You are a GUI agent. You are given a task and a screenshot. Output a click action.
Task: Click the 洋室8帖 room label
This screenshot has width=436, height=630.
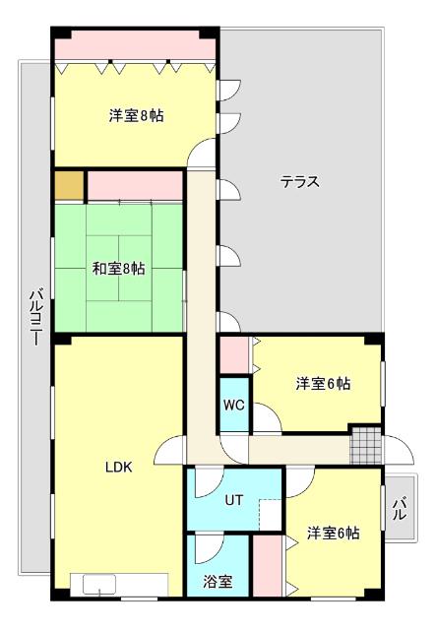pyautogui.click(x=136, y=116)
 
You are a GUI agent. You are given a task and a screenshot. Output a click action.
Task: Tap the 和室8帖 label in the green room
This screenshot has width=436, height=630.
pyautogui.click(x=119, y=268)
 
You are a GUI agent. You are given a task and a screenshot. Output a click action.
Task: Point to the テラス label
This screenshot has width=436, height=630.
pyautogui.click(x=300, y=181)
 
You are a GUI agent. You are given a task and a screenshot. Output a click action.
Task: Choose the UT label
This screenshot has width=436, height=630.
pyautogui.click(x=233, y=500)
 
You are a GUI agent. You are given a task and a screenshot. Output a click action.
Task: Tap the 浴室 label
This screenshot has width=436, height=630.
pyautogui.click(x=218, y=581)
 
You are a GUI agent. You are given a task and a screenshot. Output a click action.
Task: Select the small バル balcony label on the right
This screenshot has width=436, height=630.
pyautogui.click(x=400, y=510)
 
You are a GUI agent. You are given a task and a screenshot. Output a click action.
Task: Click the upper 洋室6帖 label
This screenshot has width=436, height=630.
pyautogui.click(x=323, y=384)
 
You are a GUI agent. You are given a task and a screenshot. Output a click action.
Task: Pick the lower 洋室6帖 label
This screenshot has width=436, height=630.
pyautogui.click(x=332, y=534)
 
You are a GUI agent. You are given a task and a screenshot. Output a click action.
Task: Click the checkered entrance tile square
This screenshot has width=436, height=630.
pyautogui.click(x=364, y=445)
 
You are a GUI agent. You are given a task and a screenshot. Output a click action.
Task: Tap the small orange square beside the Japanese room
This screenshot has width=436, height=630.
pyautogui.click(x=69, y=186)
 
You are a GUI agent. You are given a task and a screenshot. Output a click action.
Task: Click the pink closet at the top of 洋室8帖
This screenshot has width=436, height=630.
pyautogui.click(x=135, y=47)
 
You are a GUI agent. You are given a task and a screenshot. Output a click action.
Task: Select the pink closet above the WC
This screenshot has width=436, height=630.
pyautogui.click(x=233, y=355)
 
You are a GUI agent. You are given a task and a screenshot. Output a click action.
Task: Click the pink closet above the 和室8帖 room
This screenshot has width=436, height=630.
pyautogui.click(x=135, y=185)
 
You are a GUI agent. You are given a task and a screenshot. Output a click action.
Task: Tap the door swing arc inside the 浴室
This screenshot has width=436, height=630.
pyautogui.click(x=209, y=548)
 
